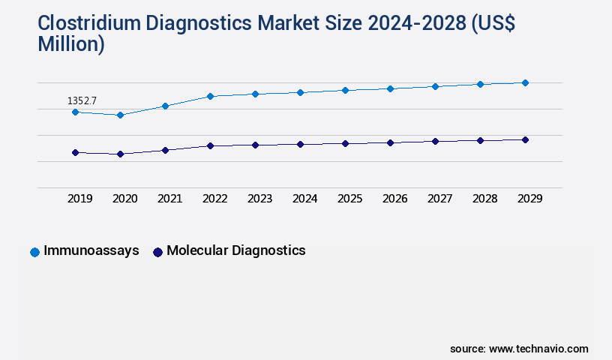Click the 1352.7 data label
[x=82, y=100]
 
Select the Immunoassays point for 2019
[x=75, y=112]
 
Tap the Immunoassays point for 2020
[x=120, y=115]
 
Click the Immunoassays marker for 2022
[x=210, y=96]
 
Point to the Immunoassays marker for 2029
[x=525, y=82]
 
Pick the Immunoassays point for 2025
[x=345, y=90]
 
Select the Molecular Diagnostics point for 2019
[x=75, y=152]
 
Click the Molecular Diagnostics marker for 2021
[x=165, y=150]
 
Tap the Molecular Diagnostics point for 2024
[x=300, y=144]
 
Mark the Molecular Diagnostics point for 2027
[x=435, y=141]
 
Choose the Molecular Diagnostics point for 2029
[x=525, y=139]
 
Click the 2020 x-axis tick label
[x=124, y=199]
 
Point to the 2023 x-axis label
[x=259, y=199]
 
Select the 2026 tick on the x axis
[x=394, y=199]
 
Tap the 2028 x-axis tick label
[x=484, y=199]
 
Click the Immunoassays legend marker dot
[x=34, y=252]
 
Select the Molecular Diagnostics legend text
[x=235, y=250]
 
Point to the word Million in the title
[x=71, y=44]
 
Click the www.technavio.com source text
[x=538, y=349]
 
